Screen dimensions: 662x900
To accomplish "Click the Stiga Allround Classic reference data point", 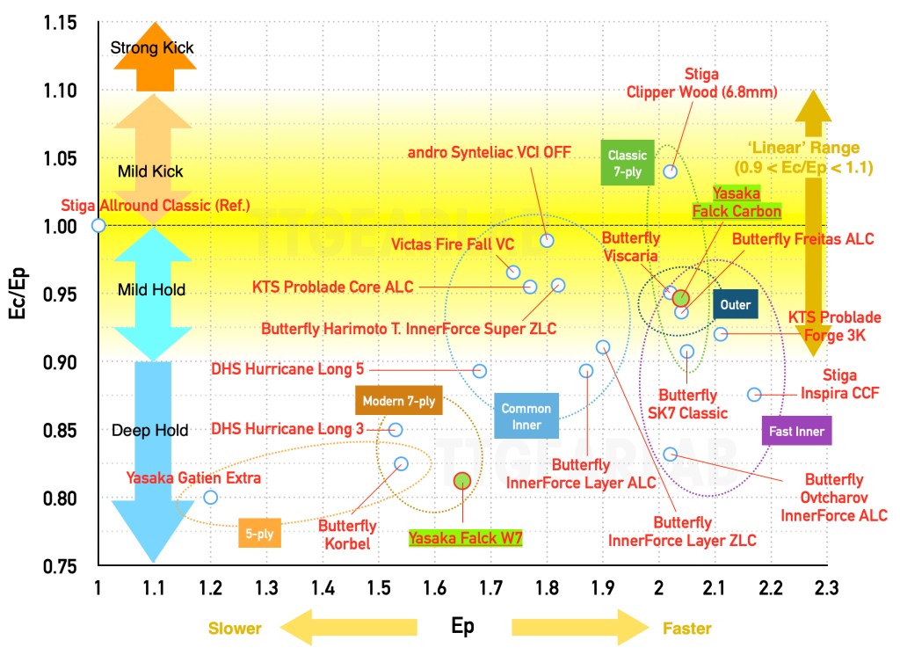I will point(98,225).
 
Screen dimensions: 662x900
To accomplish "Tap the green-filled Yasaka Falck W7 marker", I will point(462,480).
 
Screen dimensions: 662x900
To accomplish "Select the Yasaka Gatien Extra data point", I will point(210,497).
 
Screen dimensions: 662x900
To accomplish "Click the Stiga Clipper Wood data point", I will point(671,171).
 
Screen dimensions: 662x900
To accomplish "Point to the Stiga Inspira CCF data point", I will point(754,394).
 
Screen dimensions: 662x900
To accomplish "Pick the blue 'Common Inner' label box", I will point(526,417).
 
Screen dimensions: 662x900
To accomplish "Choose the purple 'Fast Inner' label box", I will point(794,432).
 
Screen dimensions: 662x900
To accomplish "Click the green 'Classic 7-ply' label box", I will point(628,162).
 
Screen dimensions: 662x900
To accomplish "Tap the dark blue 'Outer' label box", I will point(735,305).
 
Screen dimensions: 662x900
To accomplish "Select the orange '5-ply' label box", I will point(260,534).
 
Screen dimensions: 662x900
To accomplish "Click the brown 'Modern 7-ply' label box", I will point(399,401).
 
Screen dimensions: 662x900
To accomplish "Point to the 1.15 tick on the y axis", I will point(60,22).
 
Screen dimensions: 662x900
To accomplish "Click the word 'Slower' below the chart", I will point(234,628).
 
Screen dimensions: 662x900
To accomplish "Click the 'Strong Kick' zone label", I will point(152,47).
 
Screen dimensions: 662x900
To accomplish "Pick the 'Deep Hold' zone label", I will point(149,430).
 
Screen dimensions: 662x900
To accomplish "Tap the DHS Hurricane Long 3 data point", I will point(396,429).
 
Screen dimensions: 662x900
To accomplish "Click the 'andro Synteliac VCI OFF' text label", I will point(490,152).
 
